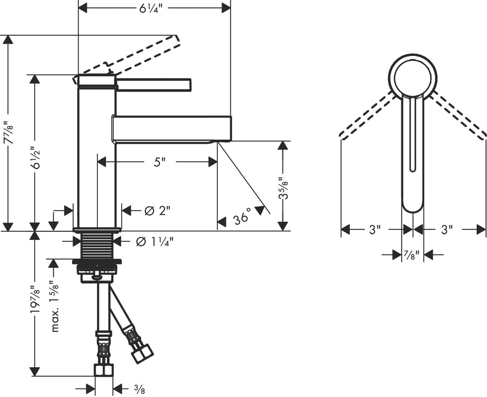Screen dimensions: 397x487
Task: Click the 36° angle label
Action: coord(242,218)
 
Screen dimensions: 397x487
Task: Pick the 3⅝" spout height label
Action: coord(283,186)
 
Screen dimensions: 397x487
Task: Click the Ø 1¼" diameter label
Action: coord(155,242)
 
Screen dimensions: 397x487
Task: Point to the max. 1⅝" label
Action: coord(55,307)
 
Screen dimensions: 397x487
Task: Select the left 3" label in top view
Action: coord(372,230)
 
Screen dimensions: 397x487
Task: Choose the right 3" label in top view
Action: coord(446,230)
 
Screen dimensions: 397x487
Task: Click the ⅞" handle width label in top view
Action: coord(413,255)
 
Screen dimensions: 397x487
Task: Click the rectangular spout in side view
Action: coord(171,129)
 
